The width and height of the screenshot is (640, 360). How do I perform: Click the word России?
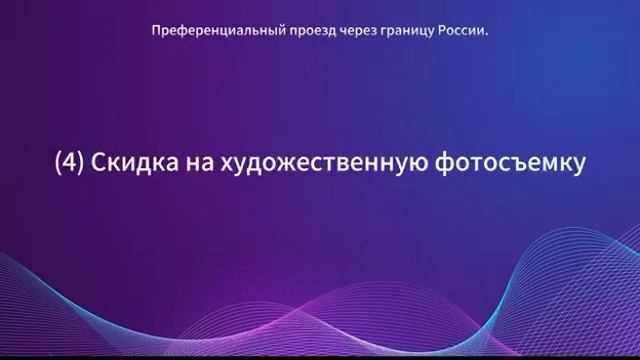tap(459, 31)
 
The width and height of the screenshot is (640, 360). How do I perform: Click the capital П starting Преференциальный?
tap(156, 31)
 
